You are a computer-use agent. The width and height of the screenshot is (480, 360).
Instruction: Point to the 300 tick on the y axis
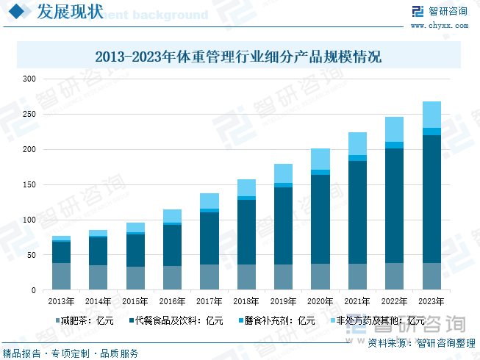click(29, 79)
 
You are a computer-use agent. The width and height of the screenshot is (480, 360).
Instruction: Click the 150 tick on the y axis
click(29, 184)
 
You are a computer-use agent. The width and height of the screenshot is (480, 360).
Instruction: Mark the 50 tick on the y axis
click(32, 255)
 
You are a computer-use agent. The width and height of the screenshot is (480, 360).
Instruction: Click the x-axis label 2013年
click(61, 300)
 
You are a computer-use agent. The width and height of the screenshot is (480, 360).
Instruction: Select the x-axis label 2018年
click(246, 300)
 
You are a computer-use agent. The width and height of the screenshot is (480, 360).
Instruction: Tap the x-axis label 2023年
click(431, 300)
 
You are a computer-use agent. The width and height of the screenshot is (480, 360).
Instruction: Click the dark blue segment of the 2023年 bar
click(431, 198)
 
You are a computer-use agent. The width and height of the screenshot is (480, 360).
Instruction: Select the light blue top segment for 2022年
click(395, 129)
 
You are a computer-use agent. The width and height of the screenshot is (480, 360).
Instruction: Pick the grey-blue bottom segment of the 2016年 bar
click(172, 278)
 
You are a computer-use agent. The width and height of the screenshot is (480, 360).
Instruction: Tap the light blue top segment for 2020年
click(320, 159)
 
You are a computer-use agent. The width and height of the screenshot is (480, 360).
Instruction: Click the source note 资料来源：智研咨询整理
click(421, 342)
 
